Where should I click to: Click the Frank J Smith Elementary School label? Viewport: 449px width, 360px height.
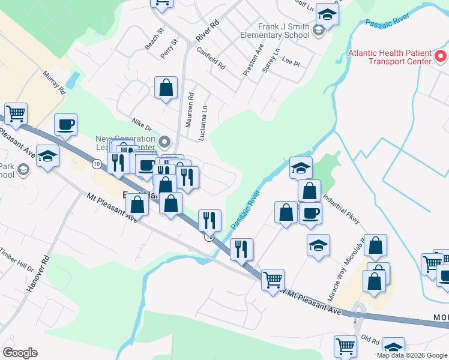point(275,31)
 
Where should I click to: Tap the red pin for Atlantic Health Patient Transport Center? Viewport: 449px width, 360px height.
point(441,58)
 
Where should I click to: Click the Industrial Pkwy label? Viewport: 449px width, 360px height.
point(341,208)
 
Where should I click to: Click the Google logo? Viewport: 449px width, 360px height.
point(20,353)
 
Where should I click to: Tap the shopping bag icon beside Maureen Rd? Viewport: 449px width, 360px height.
point(166,88)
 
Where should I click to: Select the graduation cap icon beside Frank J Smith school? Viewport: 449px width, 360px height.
point(328,14)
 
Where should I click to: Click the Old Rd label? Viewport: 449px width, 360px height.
point(372,341)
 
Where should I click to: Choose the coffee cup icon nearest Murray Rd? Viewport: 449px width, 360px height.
point(65,124)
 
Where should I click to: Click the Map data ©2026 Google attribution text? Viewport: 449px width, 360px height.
point(412,355)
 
